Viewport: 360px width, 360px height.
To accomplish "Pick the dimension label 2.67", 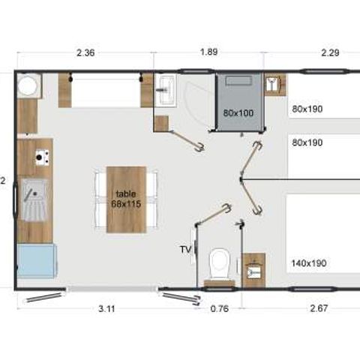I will [x=309, y=307].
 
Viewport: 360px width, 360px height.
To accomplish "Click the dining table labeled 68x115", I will [x=126, y=199].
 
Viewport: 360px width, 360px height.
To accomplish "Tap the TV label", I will [x=185, y=248].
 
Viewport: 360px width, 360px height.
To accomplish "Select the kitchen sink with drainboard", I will [x=34, y=202].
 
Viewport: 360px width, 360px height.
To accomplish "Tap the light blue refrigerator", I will [x=34, y=262].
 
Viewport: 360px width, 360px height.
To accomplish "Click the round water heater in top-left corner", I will [x=29, y=87].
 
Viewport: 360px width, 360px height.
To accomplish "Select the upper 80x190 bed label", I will [x=307, y=109].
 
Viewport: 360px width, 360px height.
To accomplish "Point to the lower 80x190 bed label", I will [x=307, y=142].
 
